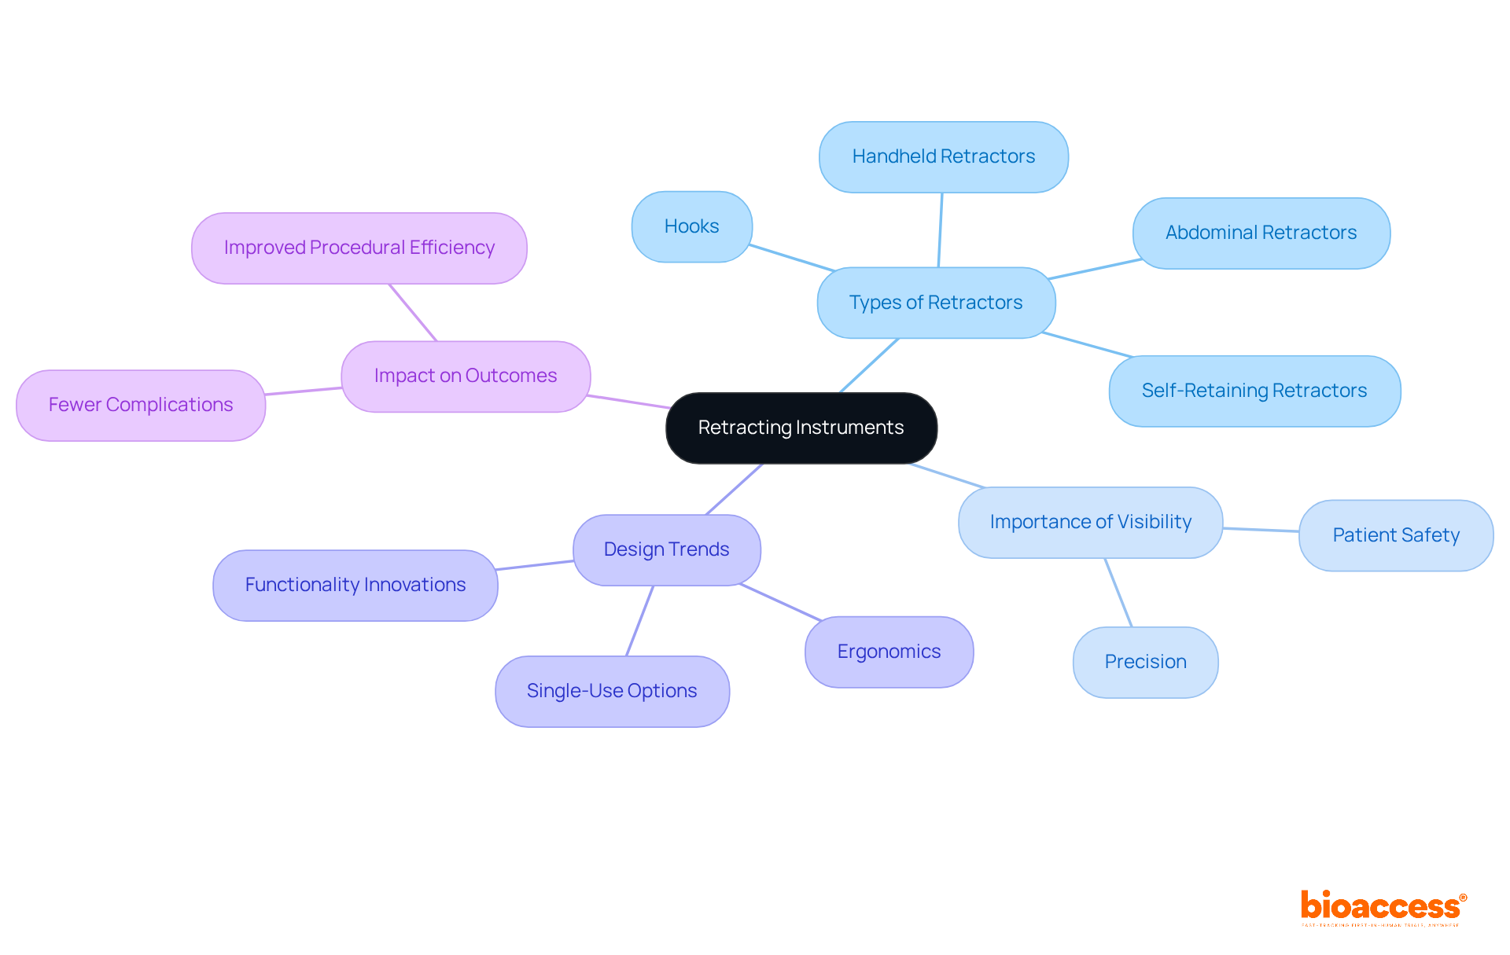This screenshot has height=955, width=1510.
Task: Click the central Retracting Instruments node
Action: (x=801, y=428)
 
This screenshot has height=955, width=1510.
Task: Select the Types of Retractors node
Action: (x=936, y=303)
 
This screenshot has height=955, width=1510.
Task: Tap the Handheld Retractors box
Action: (x=943, y=156)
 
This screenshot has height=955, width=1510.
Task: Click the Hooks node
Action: (x=691, y=226)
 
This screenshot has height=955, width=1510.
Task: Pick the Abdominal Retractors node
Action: (x=1261, y=233)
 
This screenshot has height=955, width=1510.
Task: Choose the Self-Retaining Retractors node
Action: (x=1254, y=391)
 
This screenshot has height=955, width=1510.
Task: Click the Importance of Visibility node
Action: (x=1090, y=522)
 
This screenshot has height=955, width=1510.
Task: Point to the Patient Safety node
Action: (x=1395, y=535)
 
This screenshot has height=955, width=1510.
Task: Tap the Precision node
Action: (x=1145, y=662)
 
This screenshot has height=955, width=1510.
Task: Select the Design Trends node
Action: (x=666, y=549)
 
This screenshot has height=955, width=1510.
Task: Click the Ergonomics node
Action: (x=889, y=652)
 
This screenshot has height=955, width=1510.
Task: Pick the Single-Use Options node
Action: (x=612, y=691)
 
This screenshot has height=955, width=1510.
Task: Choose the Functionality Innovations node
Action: (x=355, y=585)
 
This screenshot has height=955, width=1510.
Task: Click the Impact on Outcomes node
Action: (x=465, y=376)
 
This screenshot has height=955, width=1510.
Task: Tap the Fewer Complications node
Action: (x=141, y=405)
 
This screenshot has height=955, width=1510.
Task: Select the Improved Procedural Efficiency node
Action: (x=359, y=248)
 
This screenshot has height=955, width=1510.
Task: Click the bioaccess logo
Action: (x=1383, y=907)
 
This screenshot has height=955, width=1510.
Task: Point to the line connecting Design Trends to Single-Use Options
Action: (x=639, y=621)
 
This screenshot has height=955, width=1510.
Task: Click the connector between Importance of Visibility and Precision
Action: (x=1118, y=593)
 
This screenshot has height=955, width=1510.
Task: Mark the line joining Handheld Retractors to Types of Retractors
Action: (x=940, y=230)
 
